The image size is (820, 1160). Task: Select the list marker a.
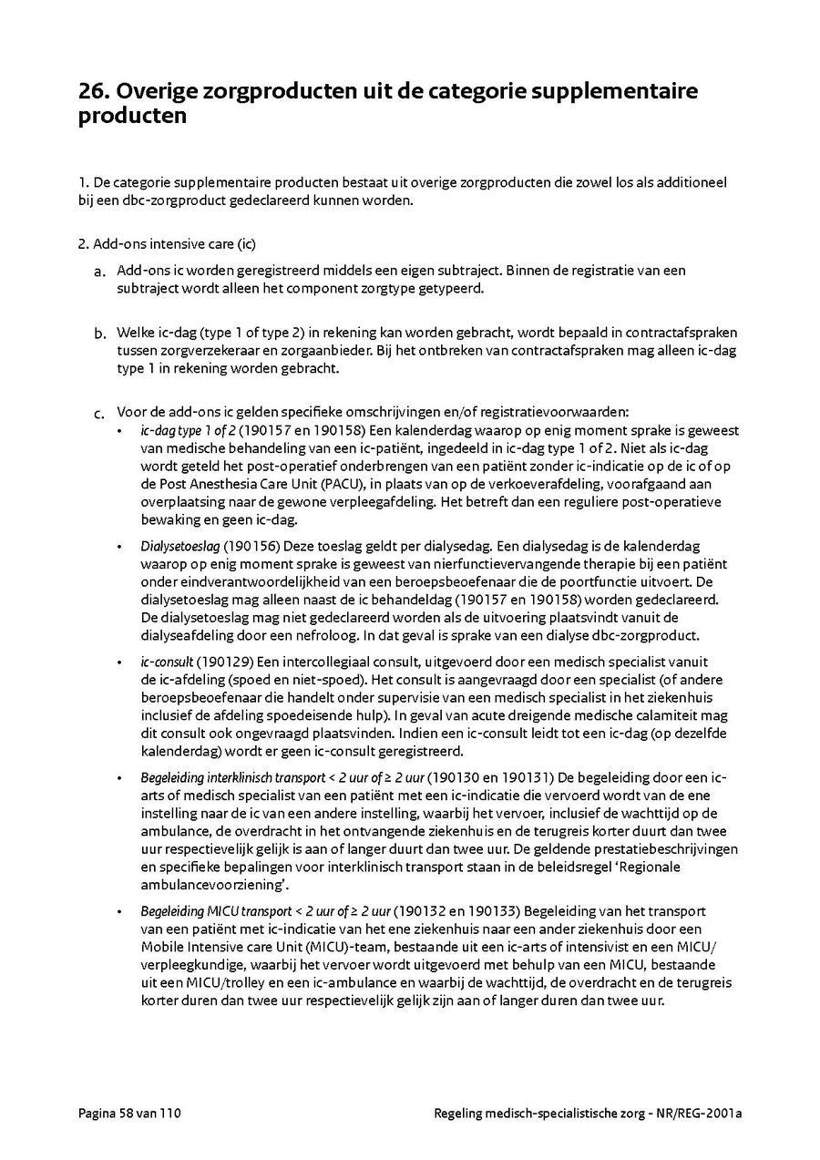tap(98, 272)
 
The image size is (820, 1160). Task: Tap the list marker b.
tap(98, 334)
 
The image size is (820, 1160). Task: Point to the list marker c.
tap(98, 415)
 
